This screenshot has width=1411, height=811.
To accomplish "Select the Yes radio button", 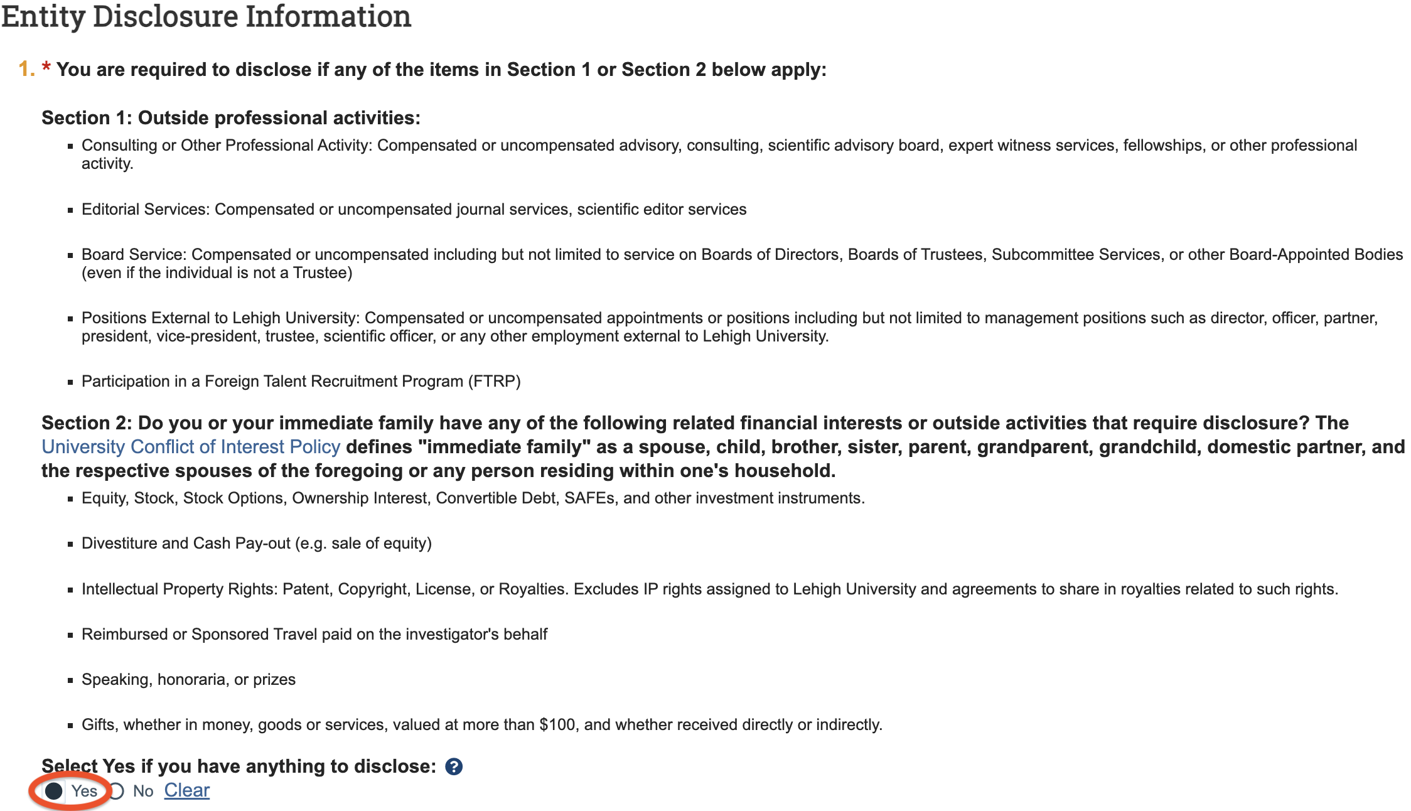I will click(x=54, y=791).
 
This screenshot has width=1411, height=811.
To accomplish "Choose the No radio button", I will click(x=117, y=791).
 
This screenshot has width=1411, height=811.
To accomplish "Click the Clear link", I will click(x=186, y=790).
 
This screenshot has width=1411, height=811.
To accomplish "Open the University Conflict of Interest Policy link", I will click(x=191, y=447).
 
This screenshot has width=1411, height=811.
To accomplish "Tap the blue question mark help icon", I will click(x=454, y=766).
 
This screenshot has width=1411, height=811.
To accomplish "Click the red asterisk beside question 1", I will click(x=46, y=68).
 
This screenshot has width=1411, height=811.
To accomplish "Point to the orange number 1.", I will click(x=25, y=69).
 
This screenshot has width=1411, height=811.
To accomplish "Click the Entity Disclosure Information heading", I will click(x=206, y=16).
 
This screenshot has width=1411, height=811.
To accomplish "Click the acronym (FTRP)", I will click(x=495, y=382).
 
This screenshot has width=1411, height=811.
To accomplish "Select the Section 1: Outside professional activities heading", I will click(x=231, y=118).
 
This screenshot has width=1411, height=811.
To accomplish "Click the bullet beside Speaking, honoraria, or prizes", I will click(x=70, y=680).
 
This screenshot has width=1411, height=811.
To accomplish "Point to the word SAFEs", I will click(x=589, y=498).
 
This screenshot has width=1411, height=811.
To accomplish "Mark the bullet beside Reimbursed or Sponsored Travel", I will click(x=70, y=635).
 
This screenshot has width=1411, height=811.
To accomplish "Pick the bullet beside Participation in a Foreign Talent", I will click(x=70, y=382).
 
